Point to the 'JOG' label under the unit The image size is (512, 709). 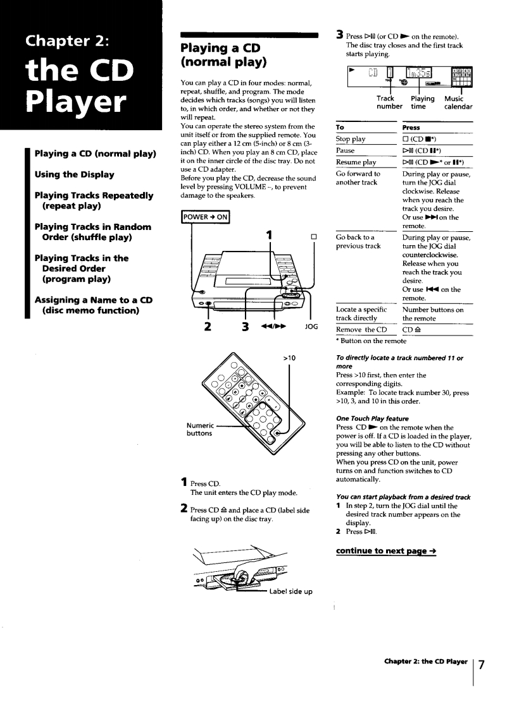pos(311,327)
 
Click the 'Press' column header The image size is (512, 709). pos(411,127)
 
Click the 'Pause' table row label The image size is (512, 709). pos(346,151)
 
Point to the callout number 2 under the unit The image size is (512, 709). pos(204,327)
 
